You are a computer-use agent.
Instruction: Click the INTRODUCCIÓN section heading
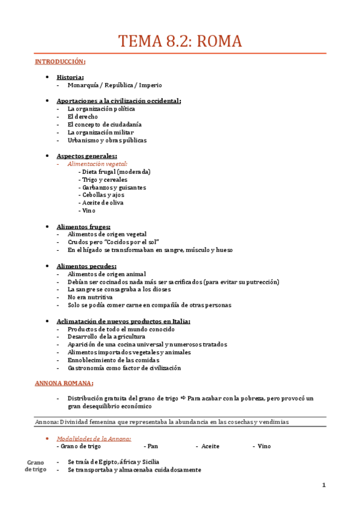[60, 62]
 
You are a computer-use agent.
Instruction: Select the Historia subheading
[70, 77]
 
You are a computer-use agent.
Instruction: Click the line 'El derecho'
[82, 117]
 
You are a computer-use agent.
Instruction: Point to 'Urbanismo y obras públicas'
[107, 140]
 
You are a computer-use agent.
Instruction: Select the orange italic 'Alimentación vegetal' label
[97, 164]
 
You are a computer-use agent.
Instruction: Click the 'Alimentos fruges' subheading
[83, 226]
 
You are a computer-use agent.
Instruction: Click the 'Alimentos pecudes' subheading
[86, 266]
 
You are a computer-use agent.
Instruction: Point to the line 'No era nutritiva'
[90, 297]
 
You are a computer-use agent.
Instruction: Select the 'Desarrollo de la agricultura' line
[106, 337]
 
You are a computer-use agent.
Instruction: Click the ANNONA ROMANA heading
[64, 383]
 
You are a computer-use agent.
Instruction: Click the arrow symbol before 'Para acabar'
[182, 399]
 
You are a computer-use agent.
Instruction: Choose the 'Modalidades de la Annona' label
[94, 438]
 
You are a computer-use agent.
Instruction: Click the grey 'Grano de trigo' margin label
[36, 465]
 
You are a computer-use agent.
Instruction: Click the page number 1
[323, 485]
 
